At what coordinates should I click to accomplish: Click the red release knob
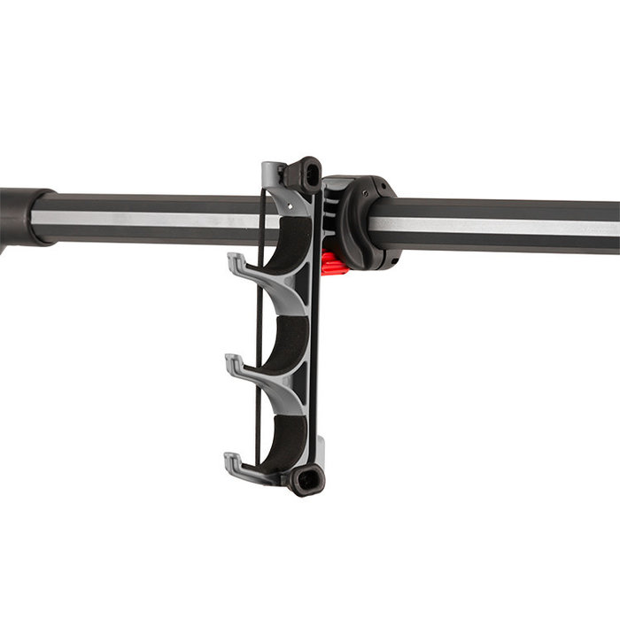pyautogui.click(x=333, y=263)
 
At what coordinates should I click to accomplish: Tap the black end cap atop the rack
pyautogui.click(x=306, y=173)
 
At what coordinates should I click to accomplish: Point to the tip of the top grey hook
pyautogui.click(x=233, y=260)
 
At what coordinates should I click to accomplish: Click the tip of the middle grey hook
pyautogui.click(x=232, y=360)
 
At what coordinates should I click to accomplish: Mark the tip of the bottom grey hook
pyautogui.click(x=230, y=459)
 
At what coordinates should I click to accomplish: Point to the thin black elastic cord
pyautogui.click(x=258, y=337)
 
